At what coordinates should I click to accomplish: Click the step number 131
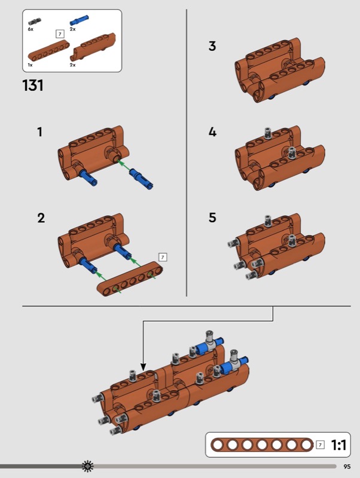33,85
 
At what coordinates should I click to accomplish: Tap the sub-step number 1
39,132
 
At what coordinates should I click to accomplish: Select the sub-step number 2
41,218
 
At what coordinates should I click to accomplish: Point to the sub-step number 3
212,46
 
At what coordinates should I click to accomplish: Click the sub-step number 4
212,132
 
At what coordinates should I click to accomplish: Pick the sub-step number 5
212,217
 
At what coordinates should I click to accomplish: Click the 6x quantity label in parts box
30,29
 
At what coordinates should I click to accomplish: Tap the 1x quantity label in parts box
30,65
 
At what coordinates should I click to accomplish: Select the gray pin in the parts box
35,22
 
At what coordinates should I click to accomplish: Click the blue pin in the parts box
80,20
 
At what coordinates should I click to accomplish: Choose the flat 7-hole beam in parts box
49,50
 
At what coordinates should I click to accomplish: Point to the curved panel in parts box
93,47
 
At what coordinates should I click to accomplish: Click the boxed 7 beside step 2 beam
163,258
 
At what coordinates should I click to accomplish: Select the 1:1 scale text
338,445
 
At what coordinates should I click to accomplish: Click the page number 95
347,467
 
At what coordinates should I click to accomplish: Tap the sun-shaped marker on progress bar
88,466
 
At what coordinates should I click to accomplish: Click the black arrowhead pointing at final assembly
144,367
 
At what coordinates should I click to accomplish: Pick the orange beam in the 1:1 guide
262,445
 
